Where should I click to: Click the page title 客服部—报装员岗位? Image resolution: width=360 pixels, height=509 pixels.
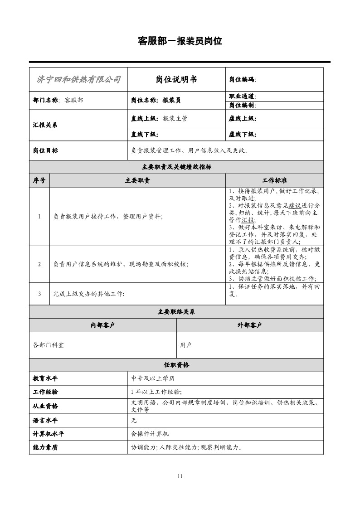click(180, 41)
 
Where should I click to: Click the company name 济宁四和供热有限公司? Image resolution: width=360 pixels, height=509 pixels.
click(78, 80)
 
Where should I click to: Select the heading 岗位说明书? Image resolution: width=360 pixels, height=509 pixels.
click(176, 80)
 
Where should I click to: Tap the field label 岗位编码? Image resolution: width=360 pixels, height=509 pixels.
click(242, 80)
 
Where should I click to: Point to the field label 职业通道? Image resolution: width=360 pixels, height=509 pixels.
click(242, 96)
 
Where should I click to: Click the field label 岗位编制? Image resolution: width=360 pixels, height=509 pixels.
click(242, 105)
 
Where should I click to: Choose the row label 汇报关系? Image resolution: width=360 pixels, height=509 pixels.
click(45, 125)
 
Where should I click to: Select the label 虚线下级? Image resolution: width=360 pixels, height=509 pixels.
click(242, 135)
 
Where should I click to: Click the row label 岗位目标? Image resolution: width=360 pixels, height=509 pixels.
click(45, 150)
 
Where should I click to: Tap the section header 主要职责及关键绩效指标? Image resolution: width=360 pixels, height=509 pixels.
click(176, 167)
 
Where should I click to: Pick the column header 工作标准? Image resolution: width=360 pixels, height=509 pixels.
click(274, 180)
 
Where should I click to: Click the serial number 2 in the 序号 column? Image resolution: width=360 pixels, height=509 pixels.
click(39, 264)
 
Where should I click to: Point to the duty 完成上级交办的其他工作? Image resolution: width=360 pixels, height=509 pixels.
click(89, 294)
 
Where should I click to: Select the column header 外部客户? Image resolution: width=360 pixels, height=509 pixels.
click(250, 325)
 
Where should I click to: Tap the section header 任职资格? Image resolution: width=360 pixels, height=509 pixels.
click(176, 365)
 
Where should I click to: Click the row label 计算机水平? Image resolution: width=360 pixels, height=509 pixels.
click(49, 434)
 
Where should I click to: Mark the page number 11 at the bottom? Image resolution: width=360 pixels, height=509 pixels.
click(180, 475)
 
